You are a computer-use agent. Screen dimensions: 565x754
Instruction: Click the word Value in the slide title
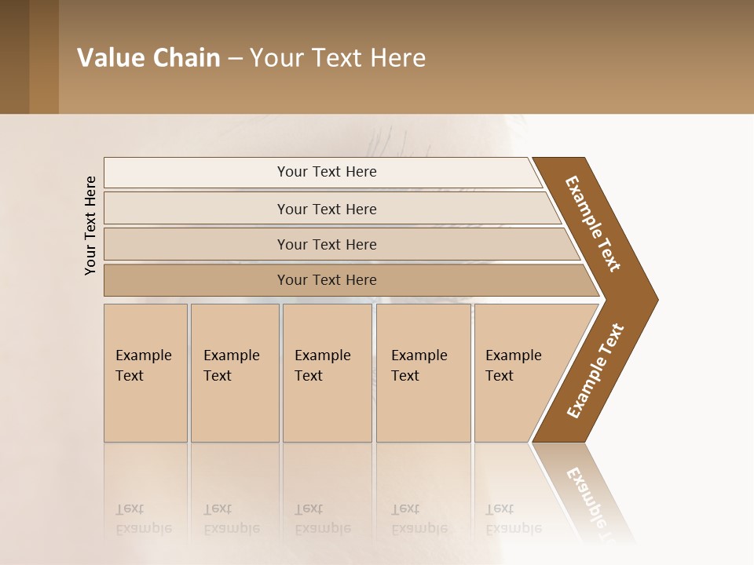108,58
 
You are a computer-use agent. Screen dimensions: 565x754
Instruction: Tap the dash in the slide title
235,59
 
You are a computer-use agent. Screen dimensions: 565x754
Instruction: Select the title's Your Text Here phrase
338,58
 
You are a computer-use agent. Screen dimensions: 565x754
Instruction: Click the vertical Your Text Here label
90,225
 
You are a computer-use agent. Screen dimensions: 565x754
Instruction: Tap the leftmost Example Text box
145,373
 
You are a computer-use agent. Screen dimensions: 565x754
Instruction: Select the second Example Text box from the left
235,373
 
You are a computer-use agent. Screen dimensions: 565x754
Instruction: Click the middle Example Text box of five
327,373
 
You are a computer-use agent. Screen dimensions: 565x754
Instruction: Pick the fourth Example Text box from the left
423,373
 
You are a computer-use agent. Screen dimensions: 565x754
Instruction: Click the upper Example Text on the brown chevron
593,224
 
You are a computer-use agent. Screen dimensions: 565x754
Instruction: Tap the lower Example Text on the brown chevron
595,371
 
